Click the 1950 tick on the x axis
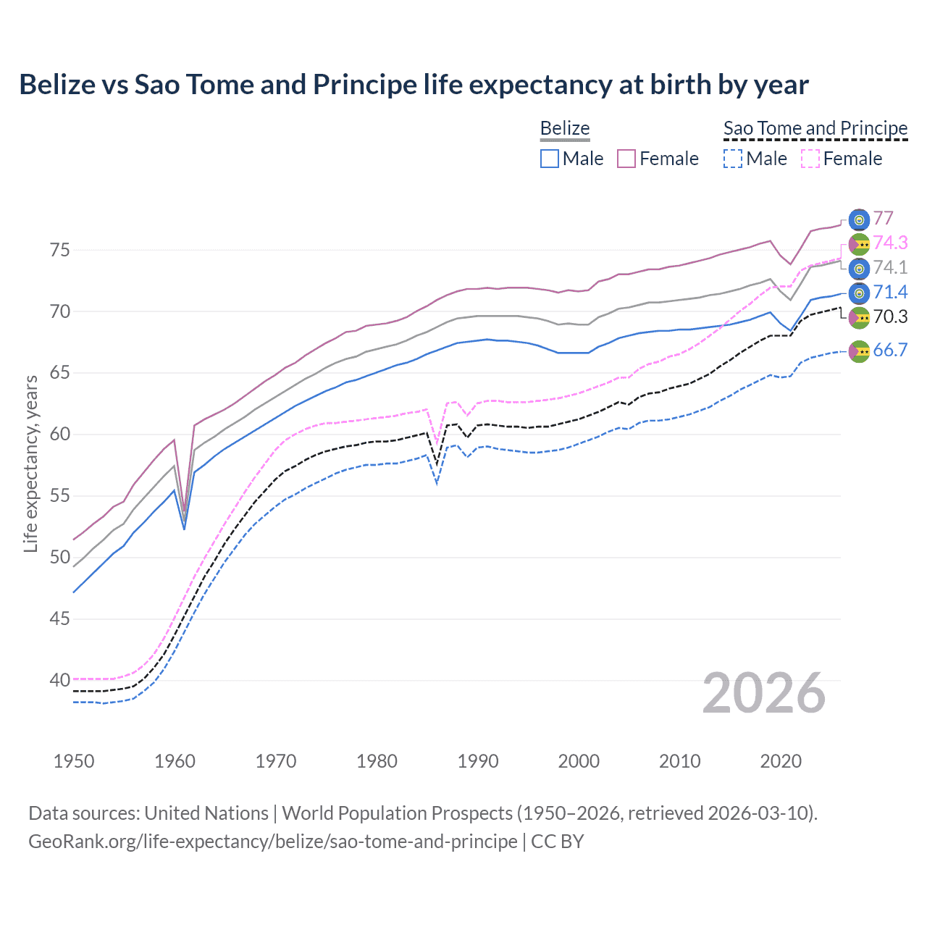click(x=74, y=761)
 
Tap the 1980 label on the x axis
click(x=377, y=761)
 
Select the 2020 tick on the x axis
click(x=780, y=761)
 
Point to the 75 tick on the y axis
click(x=60, y=251)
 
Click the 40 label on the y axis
click(x=60, y=681)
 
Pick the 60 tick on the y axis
click(x=60, y=435)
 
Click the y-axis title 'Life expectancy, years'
click(x=30, y=463)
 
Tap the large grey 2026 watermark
click(x=763, y=693)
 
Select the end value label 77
click(x=883, y=219)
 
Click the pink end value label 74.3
click(x=890, y=243)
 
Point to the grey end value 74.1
click(x=890, y=267)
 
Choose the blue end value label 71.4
click(x=890, y=292)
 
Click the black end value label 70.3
click(x=890, y=316)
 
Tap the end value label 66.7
click(x=890, y=351)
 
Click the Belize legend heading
click(x=565, y=128)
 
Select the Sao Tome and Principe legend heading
click(x=815, y=128)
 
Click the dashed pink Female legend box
click(x=810, y=159)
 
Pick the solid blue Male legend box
click(x=550, y=159)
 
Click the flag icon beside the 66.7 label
click(x=859, y=351)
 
